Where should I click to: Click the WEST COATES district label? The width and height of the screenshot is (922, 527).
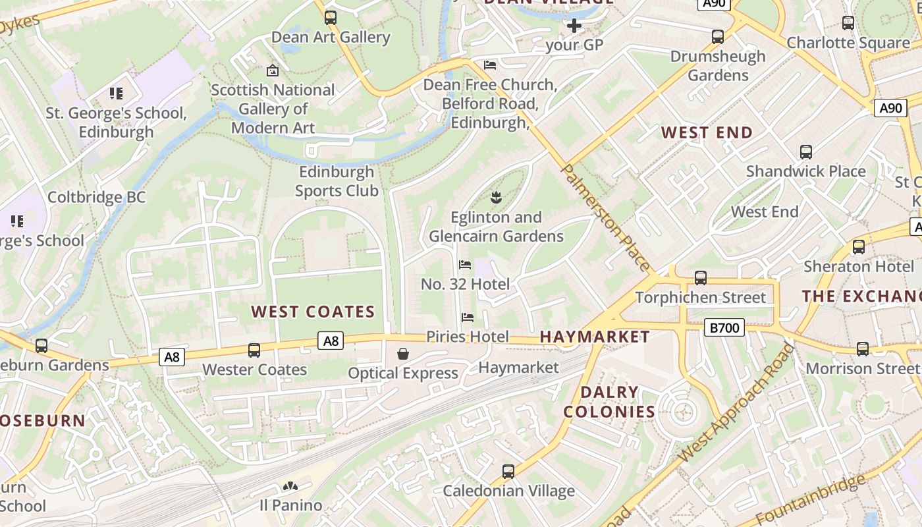tap(313, 312)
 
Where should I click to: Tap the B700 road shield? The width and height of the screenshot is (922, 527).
tap(724, 327)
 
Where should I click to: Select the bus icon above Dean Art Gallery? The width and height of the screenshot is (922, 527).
tap(331, 18)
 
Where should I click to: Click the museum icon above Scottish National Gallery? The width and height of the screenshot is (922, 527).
tap(272, 70)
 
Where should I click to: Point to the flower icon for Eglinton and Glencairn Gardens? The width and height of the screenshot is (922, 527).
tap(496, 196)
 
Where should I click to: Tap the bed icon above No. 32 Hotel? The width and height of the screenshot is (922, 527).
tap(465, 265)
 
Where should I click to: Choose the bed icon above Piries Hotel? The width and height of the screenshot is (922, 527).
tap(468, 318)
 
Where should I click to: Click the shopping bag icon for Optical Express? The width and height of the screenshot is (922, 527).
tap(402, 354)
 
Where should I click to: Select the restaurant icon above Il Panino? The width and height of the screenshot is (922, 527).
tap(290, 487)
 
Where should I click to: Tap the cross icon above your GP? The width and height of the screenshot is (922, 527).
tap(574, 26)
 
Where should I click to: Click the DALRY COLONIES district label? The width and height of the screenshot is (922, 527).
tap(609, 402)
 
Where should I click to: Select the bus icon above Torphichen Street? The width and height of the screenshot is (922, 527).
tap(701, 278)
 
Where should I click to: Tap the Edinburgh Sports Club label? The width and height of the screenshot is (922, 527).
tap(337, 181)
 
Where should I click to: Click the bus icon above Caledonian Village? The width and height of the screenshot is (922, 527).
tap(508, 472)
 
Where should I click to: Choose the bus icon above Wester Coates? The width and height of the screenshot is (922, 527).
tap(254, 350)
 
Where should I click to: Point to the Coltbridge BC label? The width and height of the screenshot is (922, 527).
tap(96, 197)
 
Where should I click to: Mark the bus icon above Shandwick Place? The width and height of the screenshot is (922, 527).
tap(805, 152)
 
